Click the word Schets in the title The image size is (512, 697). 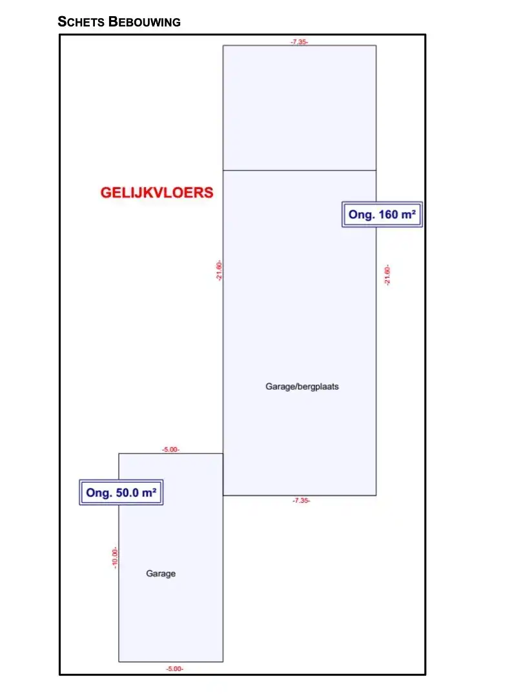click(81, 21)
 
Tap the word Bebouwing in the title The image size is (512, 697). click(145, 21)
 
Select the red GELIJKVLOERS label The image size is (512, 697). click(157, 192)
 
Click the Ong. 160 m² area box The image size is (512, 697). click(382, 215)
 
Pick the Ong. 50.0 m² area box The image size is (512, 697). click(121, 492)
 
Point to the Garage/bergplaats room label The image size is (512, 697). click(302, 387)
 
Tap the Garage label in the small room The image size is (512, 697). click(161, 574)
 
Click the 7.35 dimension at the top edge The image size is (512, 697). click(300, 42)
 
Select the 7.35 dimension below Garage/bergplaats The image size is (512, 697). click(301, 501)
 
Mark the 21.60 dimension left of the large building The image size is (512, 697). click(219, 270)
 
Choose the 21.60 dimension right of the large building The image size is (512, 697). click(387, 275)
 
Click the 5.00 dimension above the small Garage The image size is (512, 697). click(171, 450)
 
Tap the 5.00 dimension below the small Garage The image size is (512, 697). click(174, 669)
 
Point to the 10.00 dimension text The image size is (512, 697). click(115, 558)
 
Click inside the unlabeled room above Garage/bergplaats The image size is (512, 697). click(300, 108)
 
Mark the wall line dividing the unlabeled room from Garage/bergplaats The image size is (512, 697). click(300, 170)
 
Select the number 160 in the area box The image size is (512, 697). click(388, 215)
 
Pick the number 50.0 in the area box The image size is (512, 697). click(127, 493)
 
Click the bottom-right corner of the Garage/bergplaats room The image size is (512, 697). click(376, 496)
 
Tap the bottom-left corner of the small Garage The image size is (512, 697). click(119, 662)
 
